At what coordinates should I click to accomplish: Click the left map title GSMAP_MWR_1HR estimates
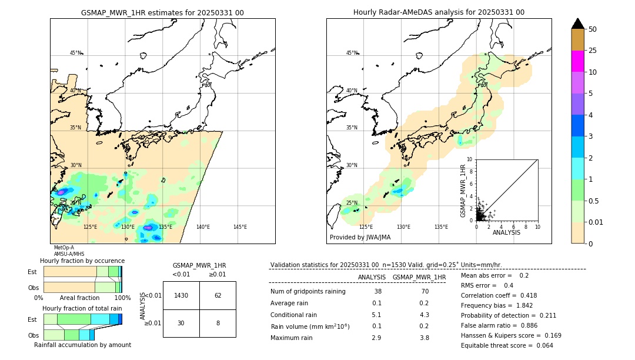coord(162,12)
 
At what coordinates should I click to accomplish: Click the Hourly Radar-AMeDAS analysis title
coord(439,12)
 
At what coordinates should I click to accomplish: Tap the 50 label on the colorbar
coord(593,29)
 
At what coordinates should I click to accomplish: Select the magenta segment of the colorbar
coord(577,61)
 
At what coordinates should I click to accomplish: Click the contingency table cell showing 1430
coord(181,295)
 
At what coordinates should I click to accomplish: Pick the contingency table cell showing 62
coord(218,295)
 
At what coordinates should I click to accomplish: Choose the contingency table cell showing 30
coord(181,323)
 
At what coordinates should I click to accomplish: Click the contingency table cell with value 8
coord(218,323)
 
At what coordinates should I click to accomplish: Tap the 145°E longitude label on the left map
coord(240,227)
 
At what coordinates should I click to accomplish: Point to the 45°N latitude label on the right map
coord(352,53)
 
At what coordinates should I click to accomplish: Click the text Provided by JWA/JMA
coord(360,238)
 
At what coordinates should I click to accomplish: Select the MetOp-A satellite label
coord(64,248)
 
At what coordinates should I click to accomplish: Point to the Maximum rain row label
coord(292,338)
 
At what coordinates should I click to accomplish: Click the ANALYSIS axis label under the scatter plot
coord(506,233)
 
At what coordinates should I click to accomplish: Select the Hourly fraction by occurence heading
coord(82,261)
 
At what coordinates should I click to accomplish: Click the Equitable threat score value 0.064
coord(541,345)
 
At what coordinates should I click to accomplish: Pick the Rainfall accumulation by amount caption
coord(82,345)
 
